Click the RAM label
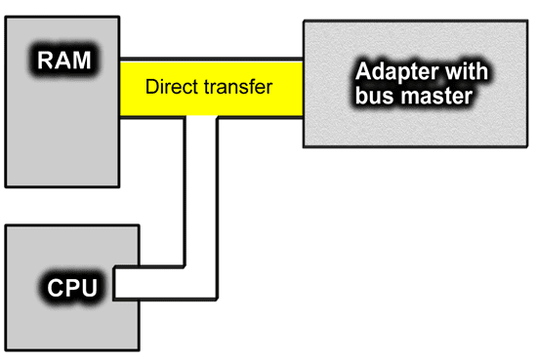coord(64,60)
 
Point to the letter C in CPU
coord(51,290)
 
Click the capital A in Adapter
coord(364,74)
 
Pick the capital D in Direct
coord(151,87)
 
